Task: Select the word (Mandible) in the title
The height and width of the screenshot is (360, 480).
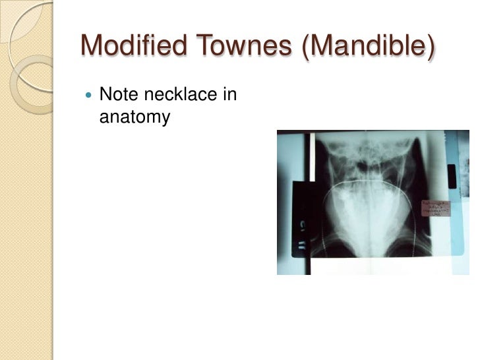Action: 369,46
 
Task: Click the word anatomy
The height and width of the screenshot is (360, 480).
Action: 135,117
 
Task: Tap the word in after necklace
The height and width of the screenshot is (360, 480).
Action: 229,96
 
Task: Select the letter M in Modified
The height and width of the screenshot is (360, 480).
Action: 92,45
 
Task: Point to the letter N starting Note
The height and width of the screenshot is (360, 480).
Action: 104,96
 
